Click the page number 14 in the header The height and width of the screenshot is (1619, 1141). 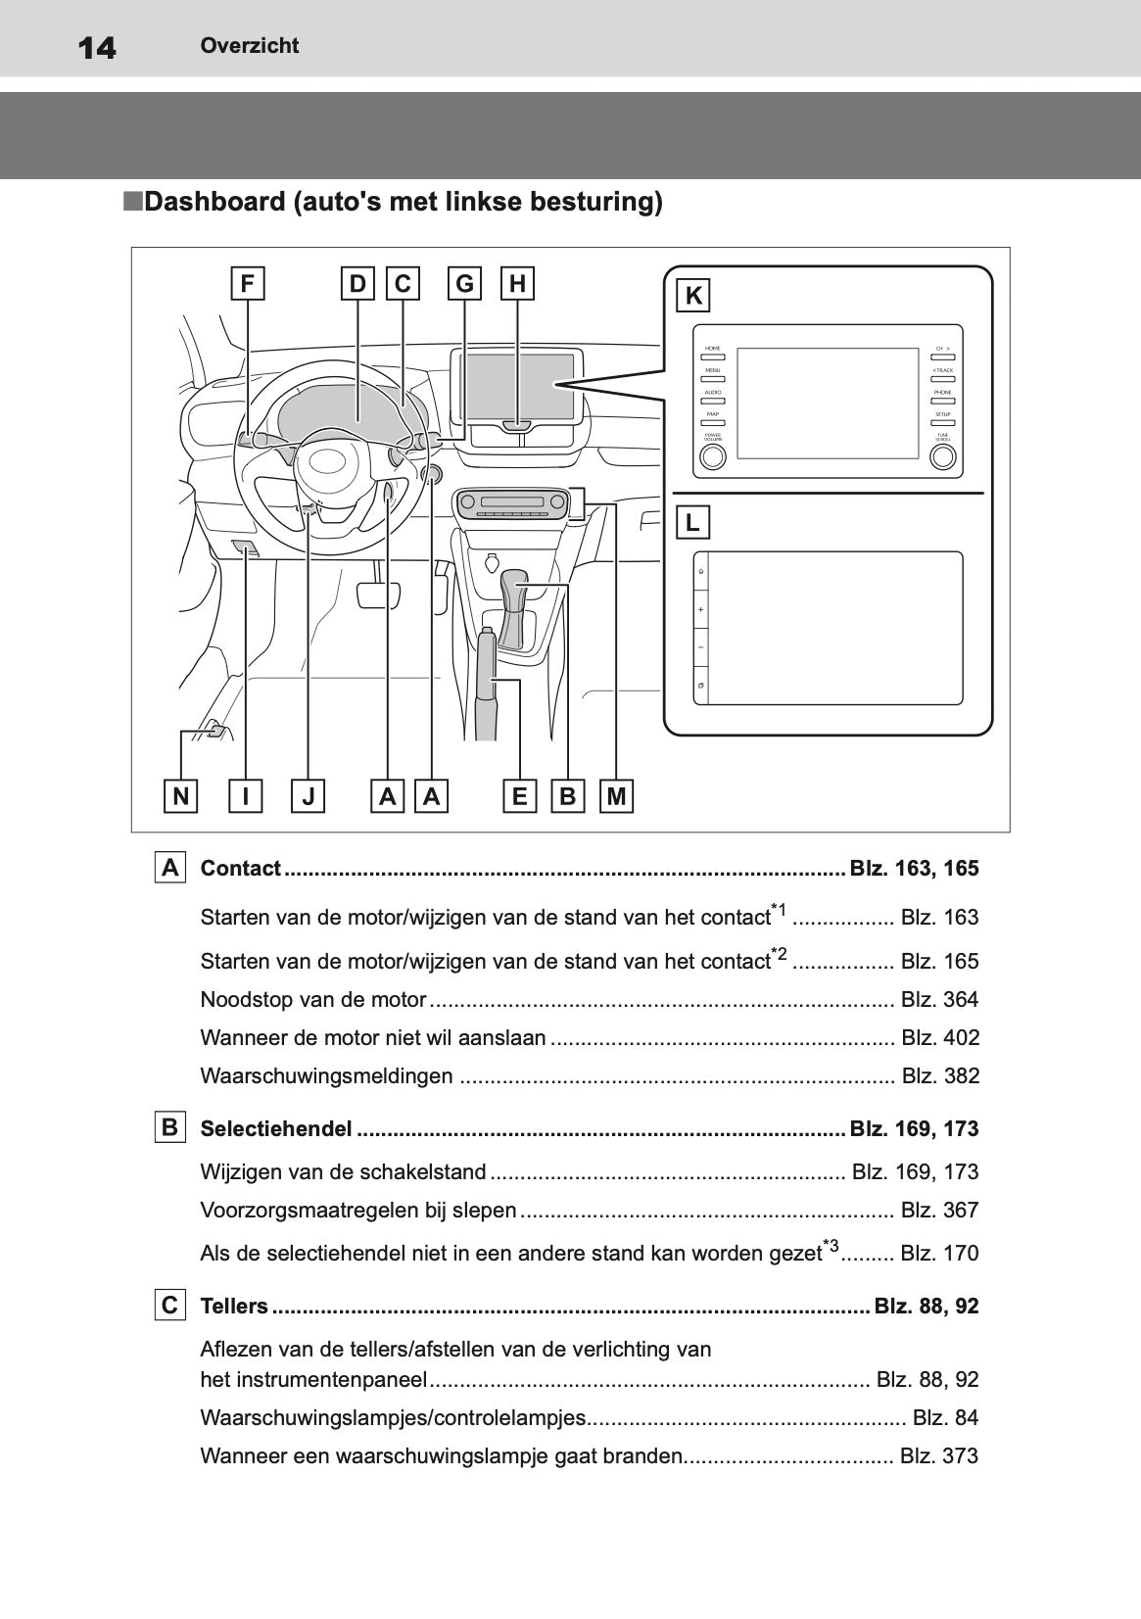coord(96,47)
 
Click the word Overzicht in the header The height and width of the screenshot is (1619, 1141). coord(249,45)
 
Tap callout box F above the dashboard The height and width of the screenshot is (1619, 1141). coord(248,284)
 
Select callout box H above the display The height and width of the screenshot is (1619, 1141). coord(517,284)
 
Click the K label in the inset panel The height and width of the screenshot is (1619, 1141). coord(692,296)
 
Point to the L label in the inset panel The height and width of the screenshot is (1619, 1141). coord(692,523)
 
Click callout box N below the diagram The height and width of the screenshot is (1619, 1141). coord(180,796)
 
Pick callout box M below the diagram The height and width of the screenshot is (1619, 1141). coord(616,796)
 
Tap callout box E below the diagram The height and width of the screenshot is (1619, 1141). coord(519,796)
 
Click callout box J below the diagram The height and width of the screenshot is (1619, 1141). coord(308,796)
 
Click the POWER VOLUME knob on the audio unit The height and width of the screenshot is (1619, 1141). coord(713,456)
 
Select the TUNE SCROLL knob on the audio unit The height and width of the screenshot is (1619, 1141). coord(942,456)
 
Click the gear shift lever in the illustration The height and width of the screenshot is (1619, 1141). coord(514,607)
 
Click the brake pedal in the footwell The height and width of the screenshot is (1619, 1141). coord(378,595)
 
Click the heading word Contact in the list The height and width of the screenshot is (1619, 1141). coord(240,869)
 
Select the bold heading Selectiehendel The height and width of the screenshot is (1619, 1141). coord(275,1129)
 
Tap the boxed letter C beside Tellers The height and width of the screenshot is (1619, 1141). coord(169,1306)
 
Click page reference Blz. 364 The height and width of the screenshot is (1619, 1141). coord(938,1000)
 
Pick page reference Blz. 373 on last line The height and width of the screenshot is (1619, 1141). coord(938,1456)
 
